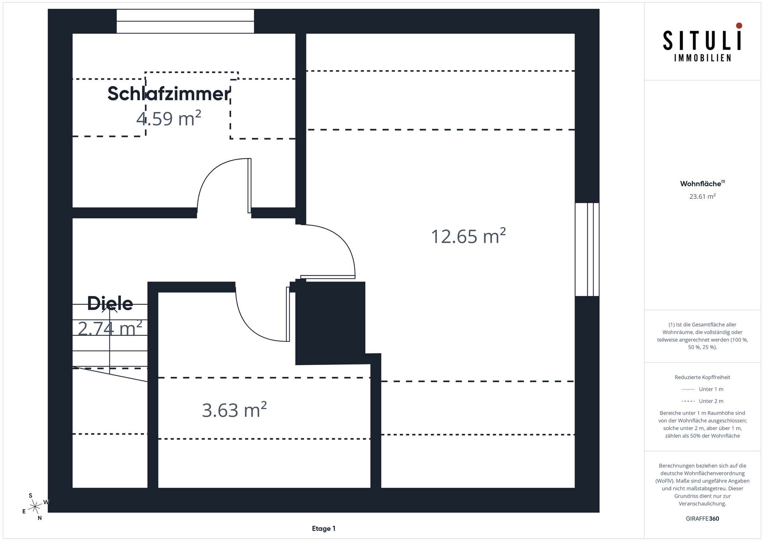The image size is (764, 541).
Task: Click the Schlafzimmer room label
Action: [x=169, y=94]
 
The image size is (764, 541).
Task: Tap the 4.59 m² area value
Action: [x=169, y=119]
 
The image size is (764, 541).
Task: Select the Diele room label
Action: [x=110, y=304]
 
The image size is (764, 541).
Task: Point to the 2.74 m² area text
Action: [x=110, y=329]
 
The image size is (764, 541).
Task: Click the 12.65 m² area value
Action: [x=468, y=236]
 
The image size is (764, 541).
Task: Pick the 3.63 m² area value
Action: [x=234, y=410]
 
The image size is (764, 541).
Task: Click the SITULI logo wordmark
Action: [x=702, y=41]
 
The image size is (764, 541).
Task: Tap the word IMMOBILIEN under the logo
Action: [x=702, y=58]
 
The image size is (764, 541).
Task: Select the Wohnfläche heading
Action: [x=701, y=184]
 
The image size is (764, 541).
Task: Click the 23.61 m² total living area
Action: [x=702, y=196]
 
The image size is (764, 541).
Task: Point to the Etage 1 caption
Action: [x=324, y=529]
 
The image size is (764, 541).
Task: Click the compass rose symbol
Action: [x=35, y=507]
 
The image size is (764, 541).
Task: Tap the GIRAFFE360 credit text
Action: [x=702, y=519]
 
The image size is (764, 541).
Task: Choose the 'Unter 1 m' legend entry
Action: [x=711, y=389]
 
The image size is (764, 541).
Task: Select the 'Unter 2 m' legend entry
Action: [x=711, y=401]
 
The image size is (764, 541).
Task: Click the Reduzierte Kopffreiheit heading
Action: [x=702, y=377]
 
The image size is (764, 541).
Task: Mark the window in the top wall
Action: [x=185, y=21]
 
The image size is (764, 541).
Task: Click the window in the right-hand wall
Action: [x=587, y=249]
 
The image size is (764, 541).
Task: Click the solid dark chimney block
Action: [x=330, y=322]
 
